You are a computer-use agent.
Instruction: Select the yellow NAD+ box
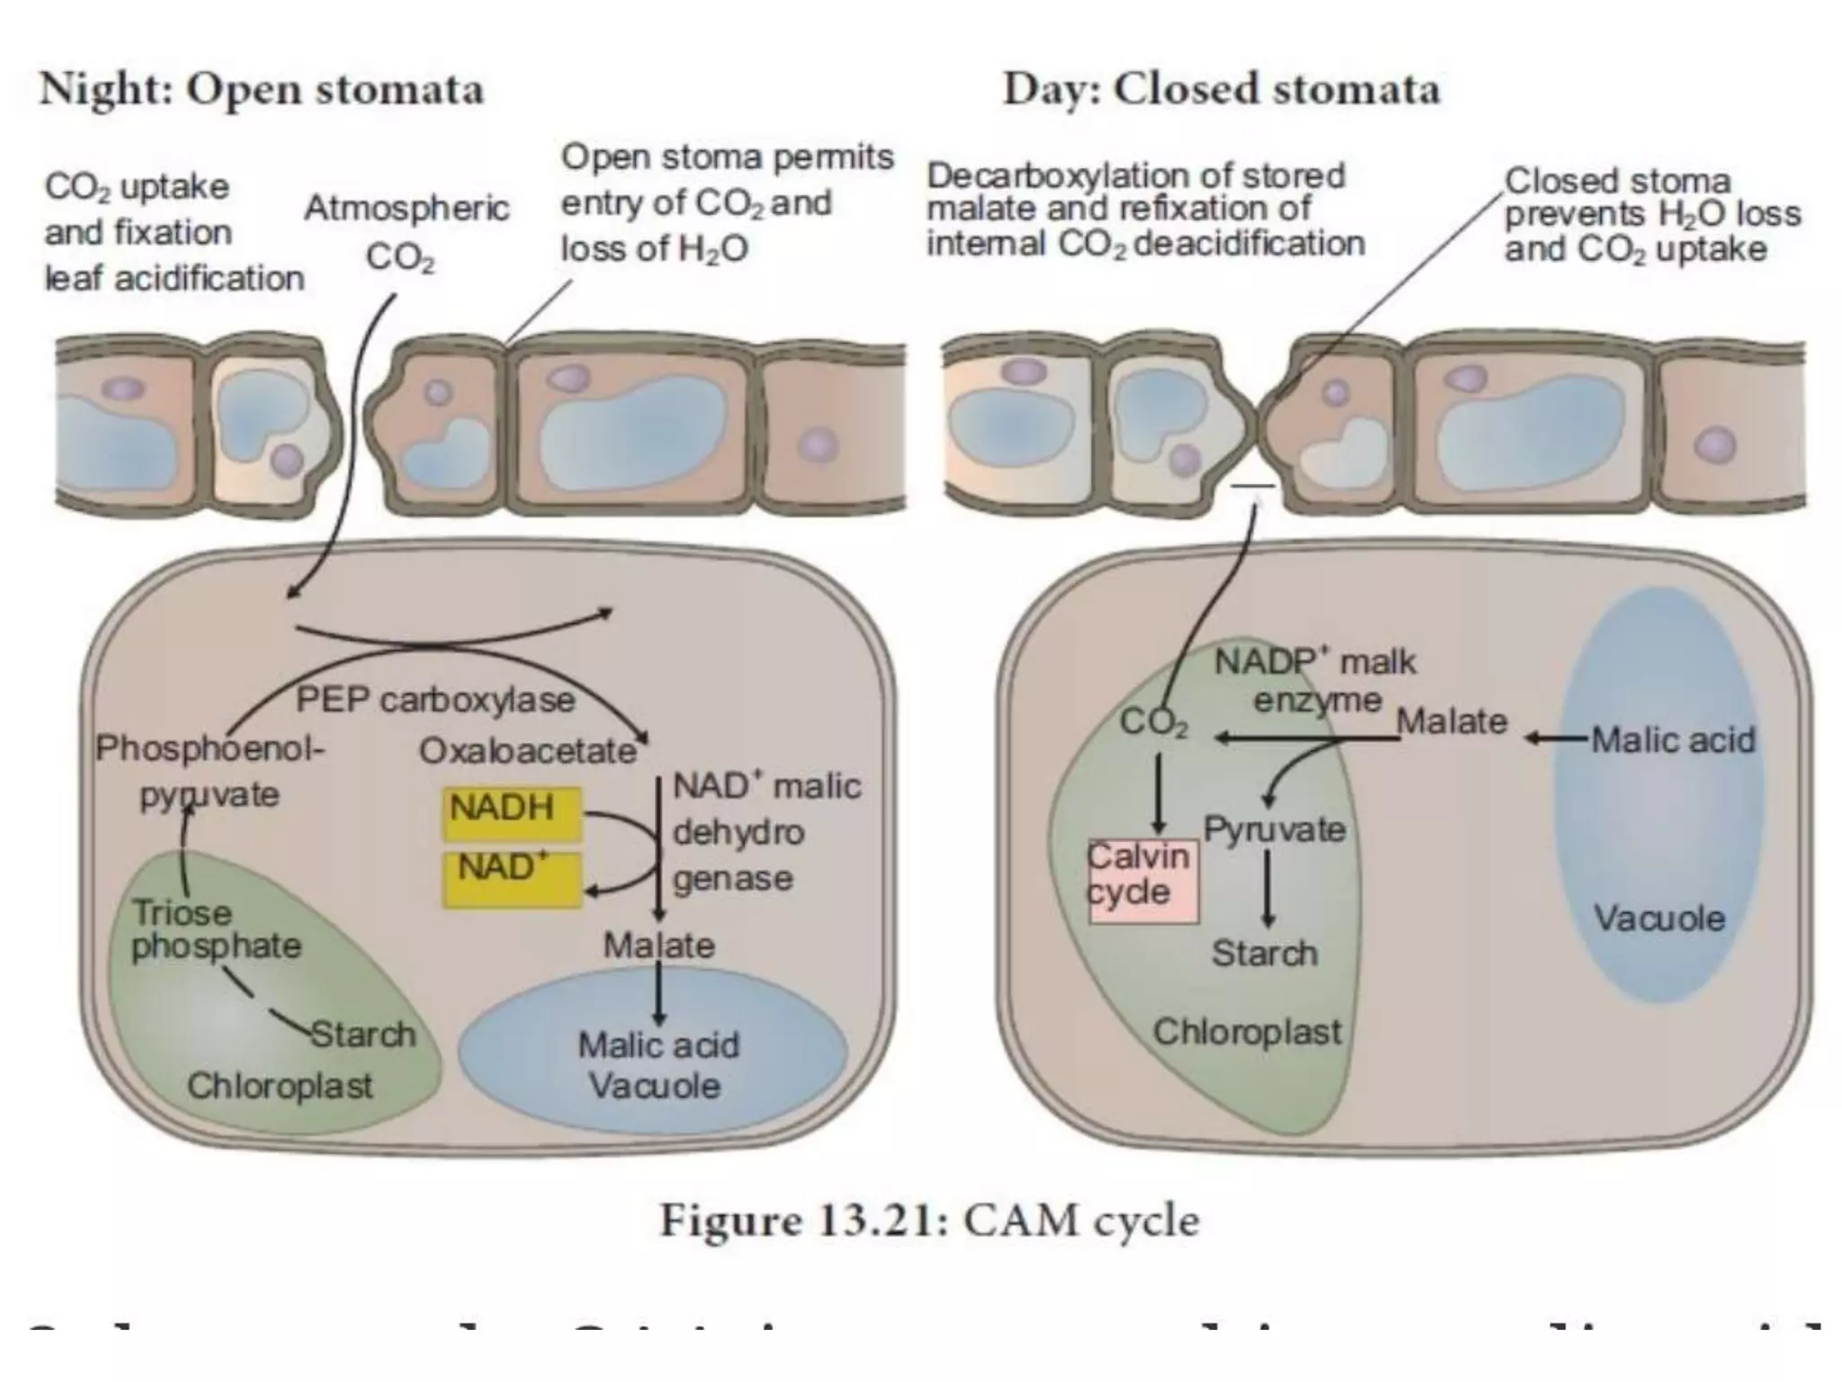[x=511, y=879]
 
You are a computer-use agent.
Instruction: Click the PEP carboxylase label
[x=435, y=700]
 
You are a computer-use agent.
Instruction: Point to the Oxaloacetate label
[x=528, y=750]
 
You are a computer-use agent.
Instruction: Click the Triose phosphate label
[x=216, y=929]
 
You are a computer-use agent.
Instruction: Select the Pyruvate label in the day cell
[x=1274, y=829]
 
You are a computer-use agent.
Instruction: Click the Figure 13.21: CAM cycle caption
[x=930, y=1222]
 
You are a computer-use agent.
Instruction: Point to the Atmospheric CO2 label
[x=407, y=232]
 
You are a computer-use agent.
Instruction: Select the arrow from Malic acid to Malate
[x=1556, y=740]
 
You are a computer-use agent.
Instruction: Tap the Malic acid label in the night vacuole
[x=658, y=1045]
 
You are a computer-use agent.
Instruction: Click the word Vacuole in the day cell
[x=1659, y=919]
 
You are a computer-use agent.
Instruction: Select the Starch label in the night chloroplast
[x=363, y=1035]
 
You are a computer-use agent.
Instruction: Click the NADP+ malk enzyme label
[x=1315, y=681]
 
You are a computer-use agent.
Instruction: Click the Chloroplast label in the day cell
[x=1247, y=1032]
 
